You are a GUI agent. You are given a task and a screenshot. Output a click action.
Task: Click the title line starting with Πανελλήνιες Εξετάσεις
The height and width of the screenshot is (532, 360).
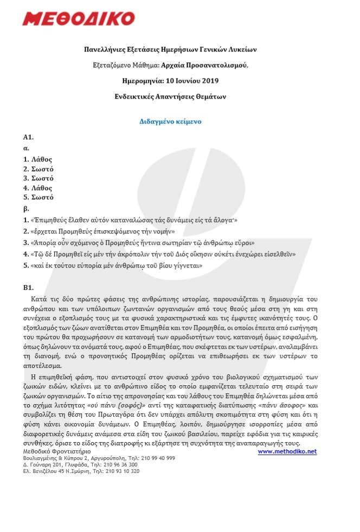coord(171,49)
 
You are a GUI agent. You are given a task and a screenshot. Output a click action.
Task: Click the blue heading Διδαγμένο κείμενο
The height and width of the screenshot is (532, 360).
coord(171,121)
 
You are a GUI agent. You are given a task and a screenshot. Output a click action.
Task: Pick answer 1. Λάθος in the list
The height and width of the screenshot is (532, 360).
coord(37,159)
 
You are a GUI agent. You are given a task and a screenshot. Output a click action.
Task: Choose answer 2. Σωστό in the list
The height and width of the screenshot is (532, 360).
coord(38,169)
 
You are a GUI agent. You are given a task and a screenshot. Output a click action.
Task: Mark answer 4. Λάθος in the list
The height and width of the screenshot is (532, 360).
coord(37,188)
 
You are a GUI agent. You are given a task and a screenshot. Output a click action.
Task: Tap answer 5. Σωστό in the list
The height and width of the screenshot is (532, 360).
coord(38,198)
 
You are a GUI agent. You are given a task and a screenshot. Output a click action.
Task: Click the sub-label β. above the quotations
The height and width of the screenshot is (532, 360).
coord(25,208)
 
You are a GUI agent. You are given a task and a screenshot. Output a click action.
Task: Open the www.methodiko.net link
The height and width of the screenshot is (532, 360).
coord(287,451)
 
